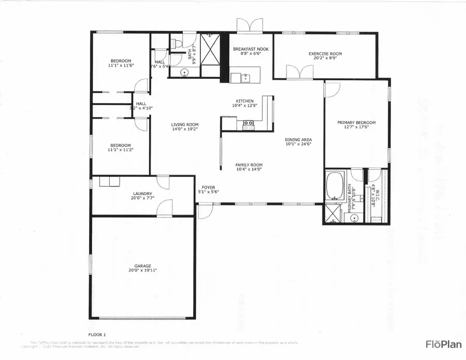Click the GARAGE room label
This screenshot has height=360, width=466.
(x=143, y=266)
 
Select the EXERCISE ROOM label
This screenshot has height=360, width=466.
(x=325, y=53)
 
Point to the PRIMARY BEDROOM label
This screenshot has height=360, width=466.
(x=356, y=123)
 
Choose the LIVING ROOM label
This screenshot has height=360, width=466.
(x=185, y=124)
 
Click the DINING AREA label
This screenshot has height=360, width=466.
(x=298, y=140)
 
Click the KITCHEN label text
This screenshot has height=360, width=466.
(x=244, y=101)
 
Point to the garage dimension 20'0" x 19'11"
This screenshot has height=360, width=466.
(x=143, y=270)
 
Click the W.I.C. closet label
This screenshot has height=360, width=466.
(x=377, y=195)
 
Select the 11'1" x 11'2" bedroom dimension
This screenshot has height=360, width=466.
(x=120, y=150)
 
